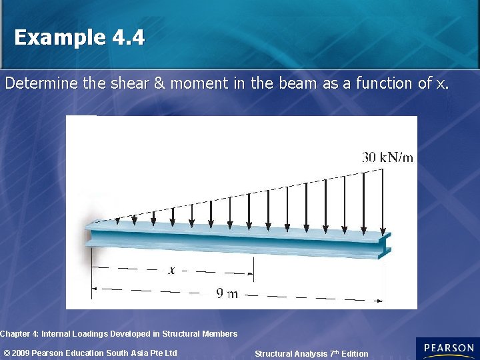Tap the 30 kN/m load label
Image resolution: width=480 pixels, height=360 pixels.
tap(387, 158)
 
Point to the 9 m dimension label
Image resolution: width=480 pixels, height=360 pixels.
tap(227, 293)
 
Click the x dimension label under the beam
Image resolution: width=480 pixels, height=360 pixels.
tap(171, 271)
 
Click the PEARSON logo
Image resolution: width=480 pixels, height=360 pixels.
tap(448, 349)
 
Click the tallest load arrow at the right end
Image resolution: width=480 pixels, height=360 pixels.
tap(382, 200)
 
